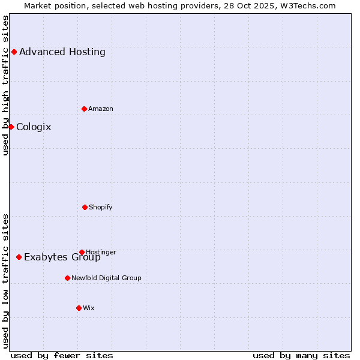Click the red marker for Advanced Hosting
tap(14, 52)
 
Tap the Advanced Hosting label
tap(62, 52)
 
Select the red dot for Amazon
tap(85, 109)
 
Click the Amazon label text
tap(101, 109)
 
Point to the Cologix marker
tap(11, 127)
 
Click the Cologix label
tap(34, 127)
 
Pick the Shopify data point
tap(85, 207)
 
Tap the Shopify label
tap(101, 207)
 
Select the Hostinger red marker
tap(82, 252)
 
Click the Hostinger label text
tap(101, 252)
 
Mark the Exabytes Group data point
tap(19, 257)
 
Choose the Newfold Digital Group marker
tap(67, 278)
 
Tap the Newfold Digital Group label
tap(106, 278)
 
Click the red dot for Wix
tap(79, 308)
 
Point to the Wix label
tap(89, 308)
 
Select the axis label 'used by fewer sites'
tap(62, 355)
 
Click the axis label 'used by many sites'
tap(301, 355)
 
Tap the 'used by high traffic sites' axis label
tap(5, 85)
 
